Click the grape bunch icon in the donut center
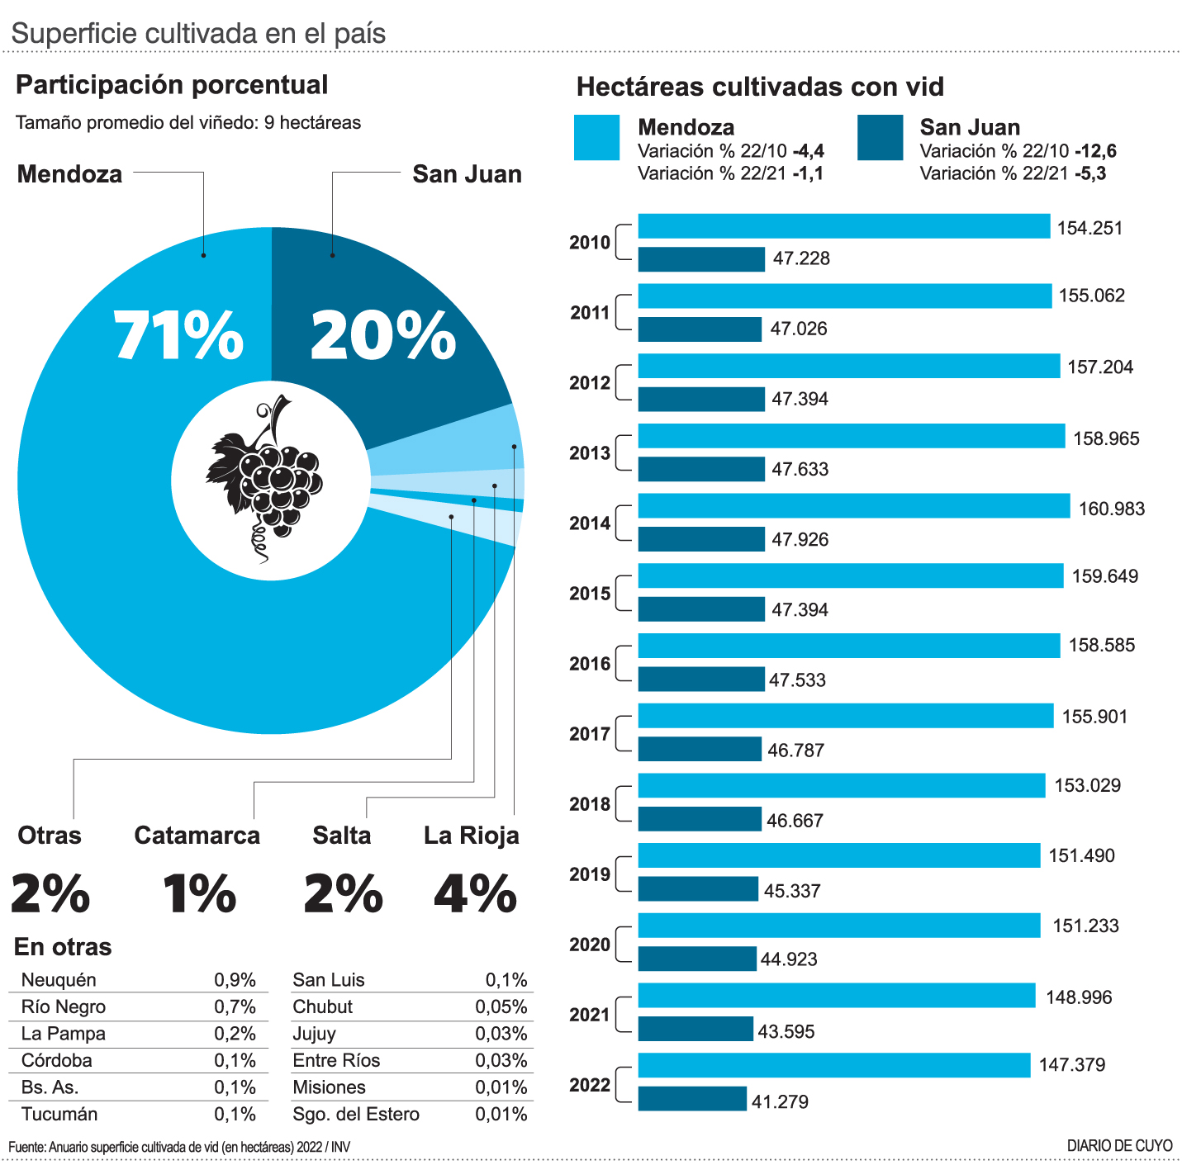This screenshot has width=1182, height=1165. [x=266, y=479]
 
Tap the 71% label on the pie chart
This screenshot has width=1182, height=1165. [x=178, y=336]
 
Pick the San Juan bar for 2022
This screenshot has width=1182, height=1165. [x=692, y=1099]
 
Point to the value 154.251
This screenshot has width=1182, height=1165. [x=1089, y=229]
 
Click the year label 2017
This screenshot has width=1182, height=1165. [x=589, y=734]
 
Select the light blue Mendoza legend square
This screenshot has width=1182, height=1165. [x=596, y=138]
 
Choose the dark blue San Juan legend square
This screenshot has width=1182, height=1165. [x=880, y=138]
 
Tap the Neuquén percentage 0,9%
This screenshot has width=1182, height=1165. [x=235, y=980]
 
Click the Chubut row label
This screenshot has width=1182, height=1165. [x=322, y=1007]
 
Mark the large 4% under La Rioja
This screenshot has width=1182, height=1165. [x=475, y=893]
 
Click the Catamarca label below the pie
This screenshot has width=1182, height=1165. [x=197, y=836]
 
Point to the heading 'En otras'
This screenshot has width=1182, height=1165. [x=63, y=947]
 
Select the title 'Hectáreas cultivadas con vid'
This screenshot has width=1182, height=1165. [x=759, y=87]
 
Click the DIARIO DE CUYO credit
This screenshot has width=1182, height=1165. [x=1119, y=1146]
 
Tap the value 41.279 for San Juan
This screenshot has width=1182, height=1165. [x=780, y=1101]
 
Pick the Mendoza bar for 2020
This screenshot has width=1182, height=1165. [x=838, y=926]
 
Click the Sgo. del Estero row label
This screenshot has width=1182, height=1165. [x=356, y=1115]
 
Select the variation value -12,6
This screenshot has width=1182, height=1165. [x=1095, y=151]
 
